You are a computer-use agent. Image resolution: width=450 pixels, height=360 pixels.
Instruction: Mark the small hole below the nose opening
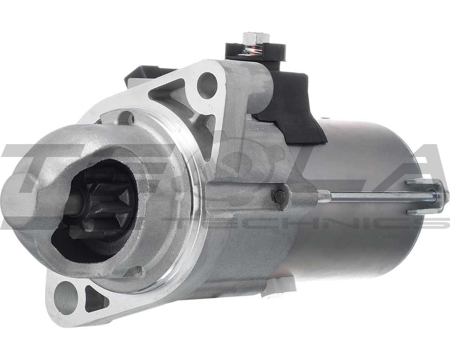coord(135,271)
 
